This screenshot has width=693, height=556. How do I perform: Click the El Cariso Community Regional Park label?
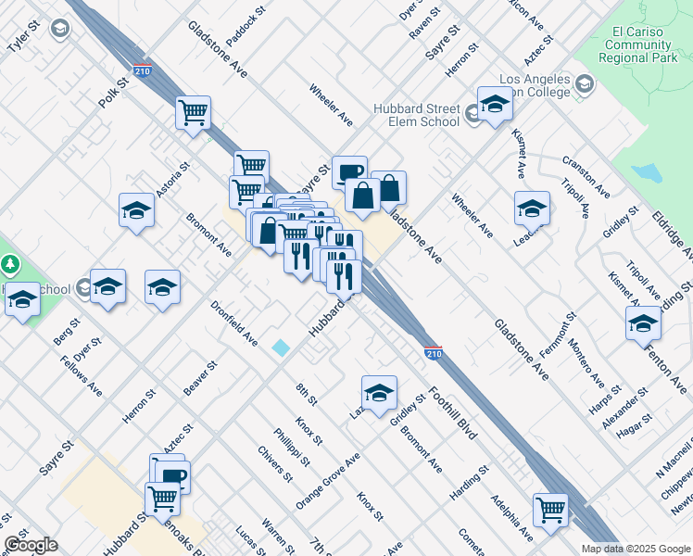[636, 44]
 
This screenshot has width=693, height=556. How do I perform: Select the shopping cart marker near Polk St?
[194, 113]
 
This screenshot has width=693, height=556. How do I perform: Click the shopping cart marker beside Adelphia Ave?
[550, 510]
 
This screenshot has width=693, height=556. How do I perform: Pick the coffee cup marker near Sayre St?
[349, 172]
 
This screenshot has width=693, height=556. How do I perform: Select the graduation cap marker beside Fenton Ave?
[643, 323]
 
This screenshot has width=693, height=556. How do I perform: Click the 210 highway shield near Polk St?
[142, 70]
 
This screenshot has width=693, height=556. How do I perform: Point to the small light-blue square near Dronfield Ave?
[281, 347]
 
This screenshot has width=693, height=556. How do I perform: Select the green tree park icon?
[11, 265]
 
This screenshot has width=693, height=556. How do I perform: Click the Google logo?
[31, 545]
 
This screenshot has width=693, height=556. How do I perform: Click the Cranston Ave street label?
[586, 175]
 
